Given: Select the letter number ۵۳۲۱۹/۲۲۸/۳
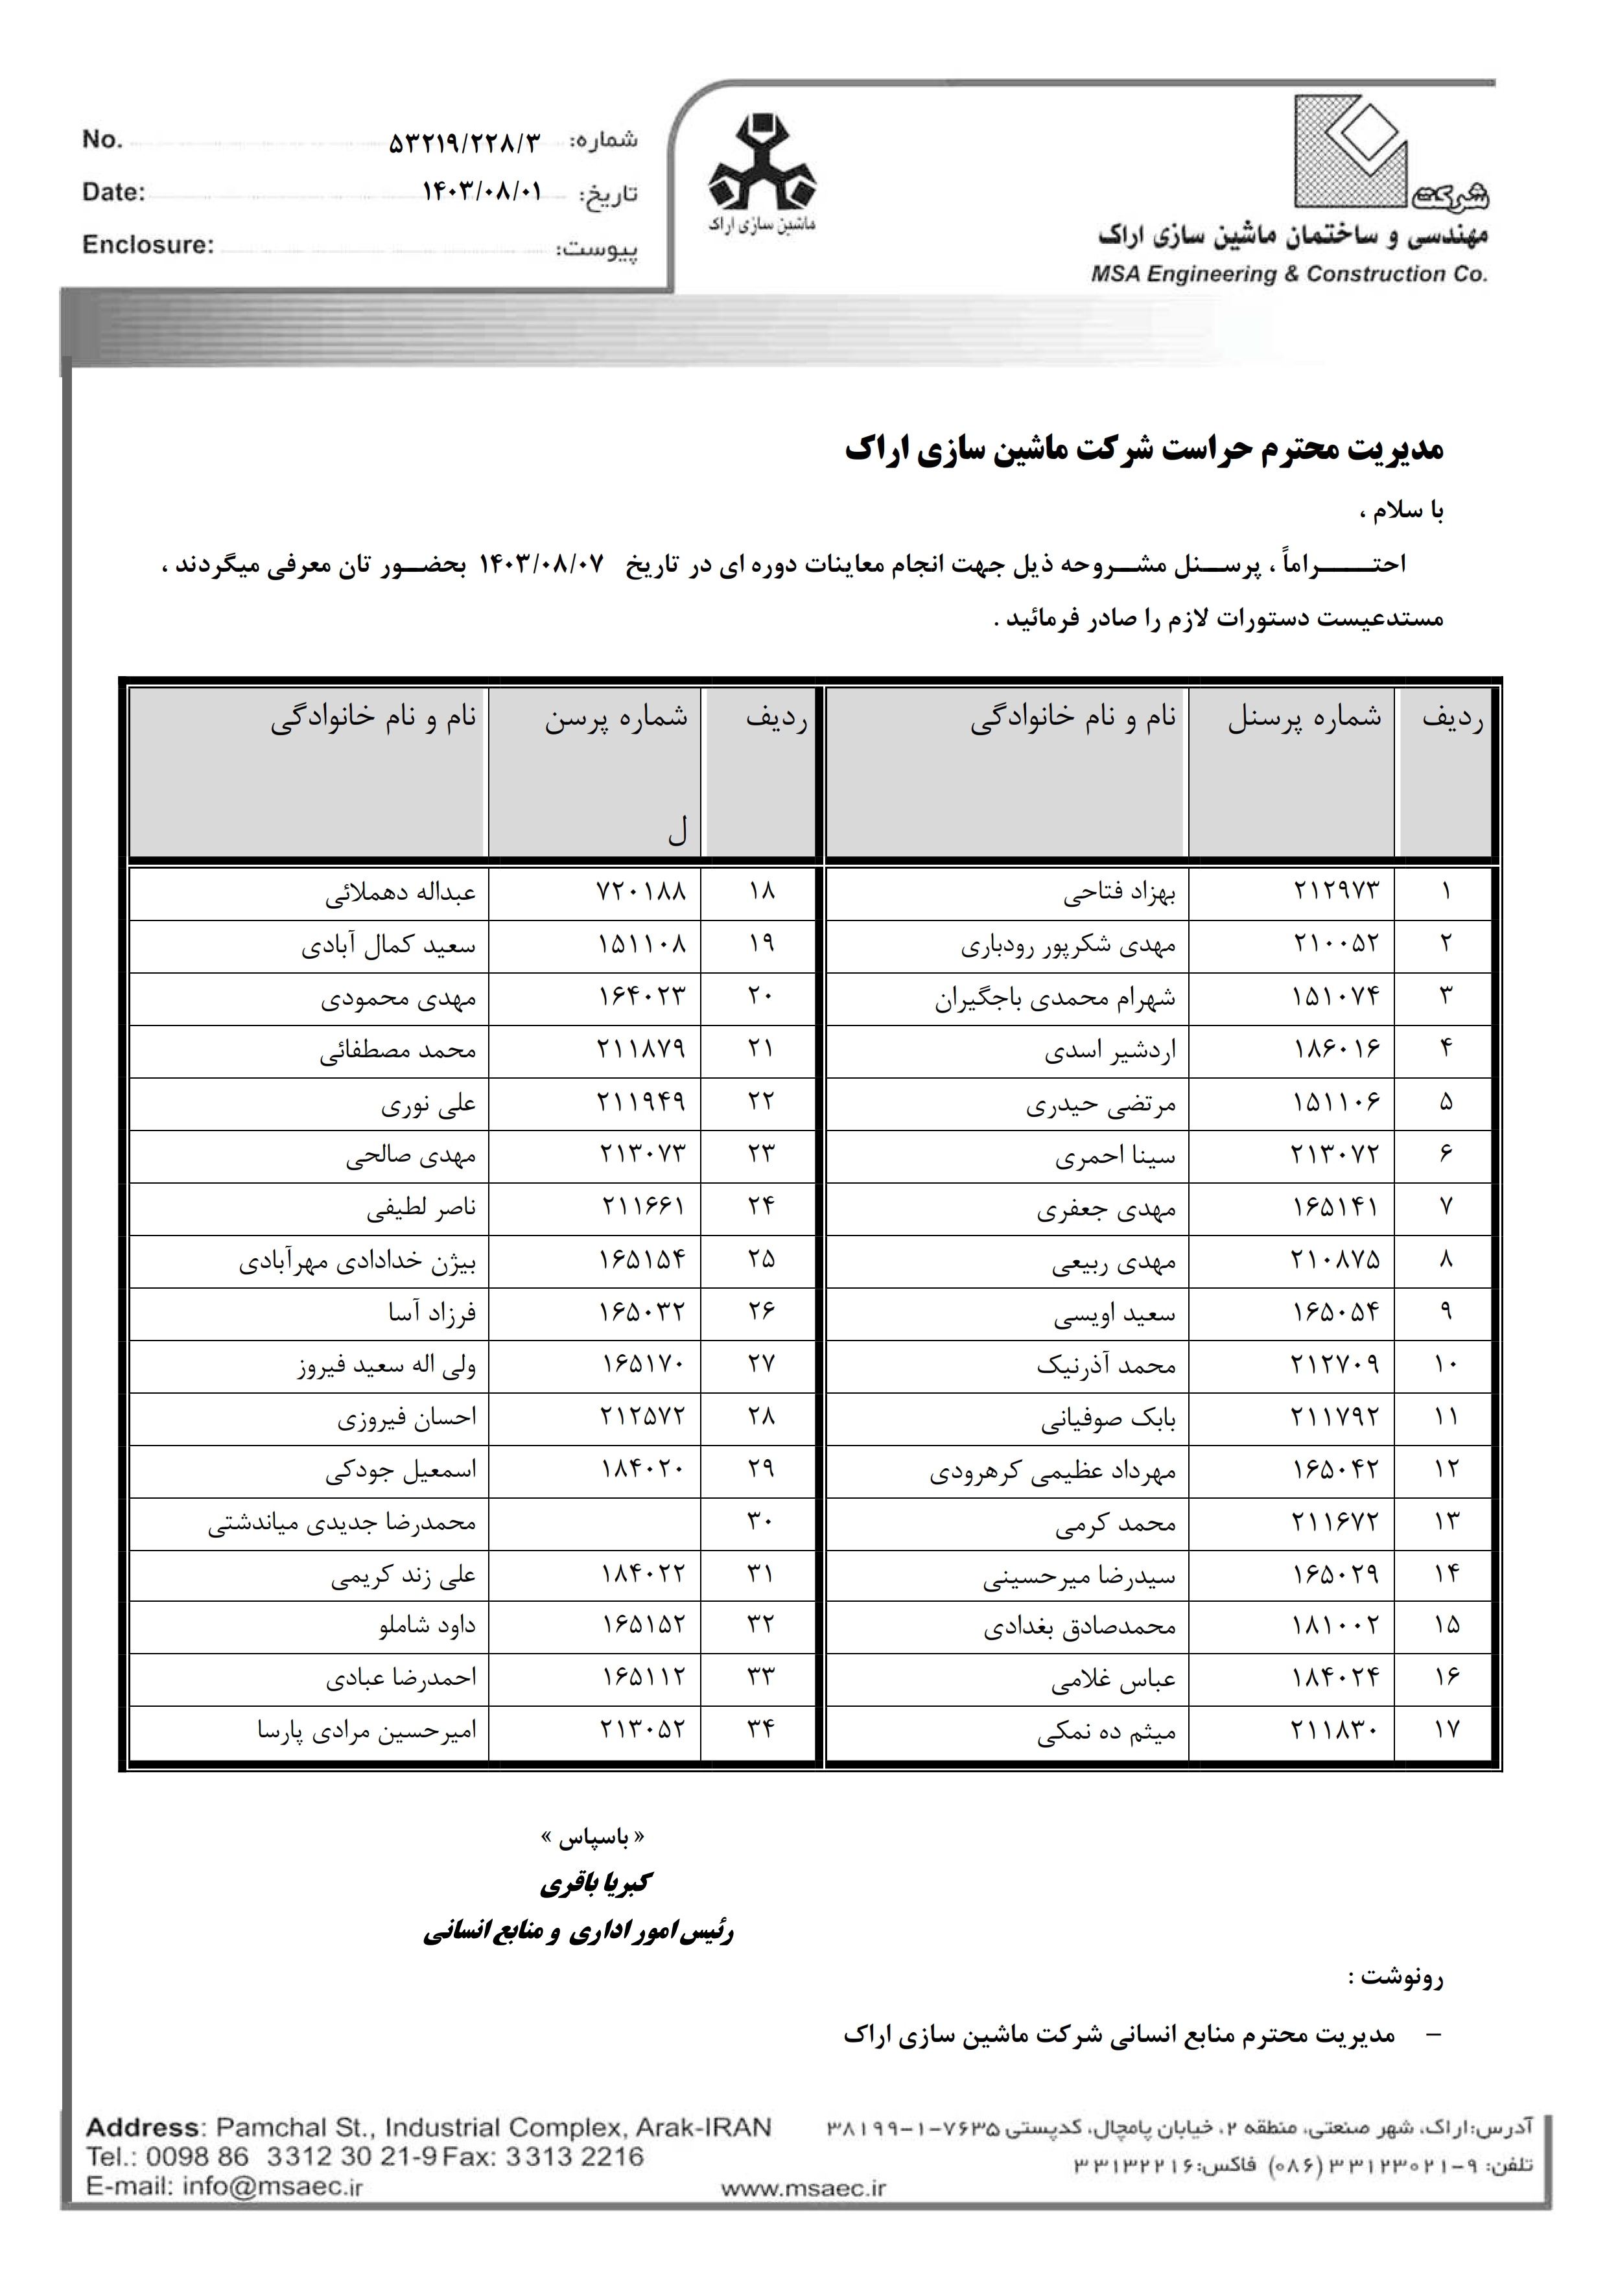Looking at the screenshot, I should pyautogui.click(x=465, y=144).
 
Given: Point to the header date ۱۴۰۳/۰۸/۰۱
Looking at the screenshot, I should pyautogui.click(x=482, y=192).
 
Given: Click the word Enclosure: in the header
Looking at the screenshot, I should pyautogui.click(x=148, y=244).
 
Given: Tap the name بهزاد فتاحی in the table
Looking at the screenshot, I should pyautogui.click(x=1119, y=895).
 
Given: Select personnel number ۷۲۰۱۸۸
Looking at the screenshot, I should pyautogui.click(x=642, y=891).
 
